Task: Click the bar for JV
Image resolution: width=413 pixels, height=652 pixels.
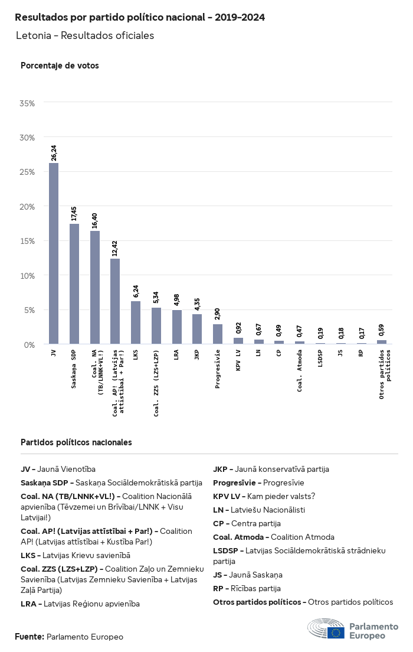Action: [54, 253]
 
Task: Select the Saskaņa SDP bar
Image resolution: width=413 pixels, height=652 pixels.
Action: [74, 283]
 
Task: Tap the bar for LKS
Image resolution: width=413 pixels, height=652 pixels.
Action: [136, 322]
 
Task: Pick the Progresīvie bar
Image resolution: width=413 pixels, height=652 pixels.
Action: [218, 334]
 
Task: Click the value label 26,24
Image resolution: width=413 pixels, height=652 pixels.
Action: [54, 153]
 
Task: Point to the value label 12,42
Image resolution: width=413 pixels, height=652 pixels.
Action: [116, 249]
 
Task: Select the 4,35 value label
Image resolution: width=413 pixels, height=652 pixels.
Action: [198, 304]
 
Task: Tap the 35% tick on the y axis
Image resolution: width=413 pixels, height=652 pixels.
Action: [28, 103]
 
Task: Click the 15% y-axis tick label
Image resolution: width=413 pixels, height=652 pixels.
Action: [28, 241]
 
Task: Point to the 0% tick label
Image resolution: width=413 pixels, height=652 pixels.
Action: [30, 344]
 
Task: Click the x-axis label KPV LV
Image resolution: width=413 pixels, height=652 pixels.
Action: [238, 361]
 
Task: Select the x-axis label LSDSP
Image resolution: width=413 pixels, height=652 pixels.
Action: [320, 360]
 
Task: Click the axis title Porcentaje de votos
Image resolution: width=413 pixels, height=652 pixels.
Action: [60, 66]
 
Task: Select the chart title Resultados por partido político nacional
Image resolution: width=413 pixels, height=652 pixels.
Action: [140, 18]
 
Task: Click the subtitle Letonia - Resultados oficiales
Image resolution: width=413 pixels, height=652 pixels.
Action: [85, 35]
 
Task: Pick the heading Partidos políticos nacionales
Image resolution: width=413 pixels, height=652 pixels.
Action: [76, 442]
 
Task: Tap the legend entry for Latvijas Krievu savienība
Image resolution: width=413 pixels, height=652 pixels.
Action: [76, 555]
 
